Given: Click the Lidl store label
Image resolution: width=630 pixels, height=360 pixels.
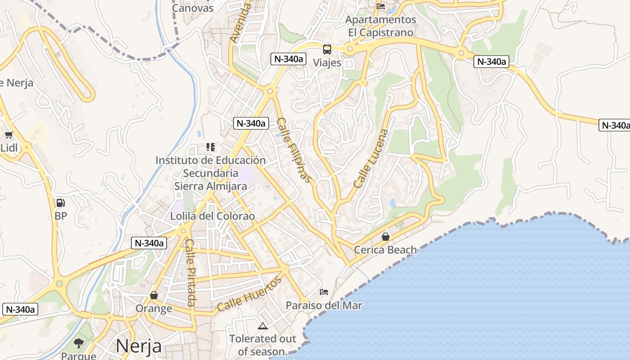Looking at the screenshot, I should point(9,148).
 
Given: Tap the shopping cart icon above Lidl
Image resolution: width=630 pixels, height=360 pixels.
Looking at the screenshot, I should point(9,135).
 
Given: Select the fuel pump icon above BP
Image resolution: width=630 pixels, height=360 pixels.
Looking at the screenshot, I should point(61,203).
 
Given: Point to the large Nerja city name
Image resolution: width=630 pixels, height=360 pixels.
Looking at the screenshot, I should point(139,346).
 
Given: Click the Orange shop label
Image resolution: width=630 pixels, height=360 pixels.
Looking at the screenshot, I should point(154,308).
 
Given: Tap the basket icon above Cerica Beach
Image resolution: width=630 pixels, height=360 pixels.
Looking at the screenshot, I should point(386,236).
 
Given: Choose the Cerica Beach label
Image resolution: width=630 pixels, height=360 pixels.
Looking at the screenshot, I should point(386,249).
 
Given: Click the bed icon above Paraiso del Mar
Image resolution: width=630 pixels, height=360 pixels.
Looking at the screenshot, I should point(324,292).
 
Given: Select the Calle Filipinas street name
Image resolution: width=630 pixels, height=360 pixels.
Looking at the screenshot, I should point(294,150).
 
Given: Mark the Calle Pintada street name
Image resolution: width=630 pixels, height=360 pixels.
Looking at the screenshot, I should point(191,272).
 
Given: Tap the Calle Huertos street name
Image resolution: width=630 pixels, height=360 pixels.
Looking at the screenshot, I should point(249,294).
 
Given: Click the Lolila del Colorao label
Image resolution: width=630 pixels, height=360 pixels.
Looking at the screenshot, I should point(212,216).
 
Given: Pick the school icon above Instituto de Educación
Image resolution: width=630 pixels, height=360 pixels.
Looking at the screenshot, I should point(210,147).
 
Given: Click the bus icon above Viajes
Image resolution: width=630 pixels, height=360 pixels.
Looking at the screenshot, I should point(327,49).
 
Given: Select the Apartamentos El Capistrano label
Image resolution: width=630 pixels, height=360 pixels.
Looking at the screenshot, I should point(381,26).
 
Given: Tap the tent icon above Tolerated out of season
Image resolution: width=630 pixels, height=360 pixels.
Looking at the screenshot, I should point(263,325).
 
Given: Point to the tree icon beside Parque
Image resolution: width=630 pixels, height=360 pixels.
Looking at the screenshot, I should point(79,343).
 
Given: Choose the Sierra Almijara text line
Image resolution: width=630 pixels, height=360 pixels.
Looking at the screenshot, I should point(211,186).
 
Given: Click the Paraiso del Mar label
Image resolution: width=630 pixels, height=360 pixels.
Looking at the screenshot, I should point(324,306).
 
